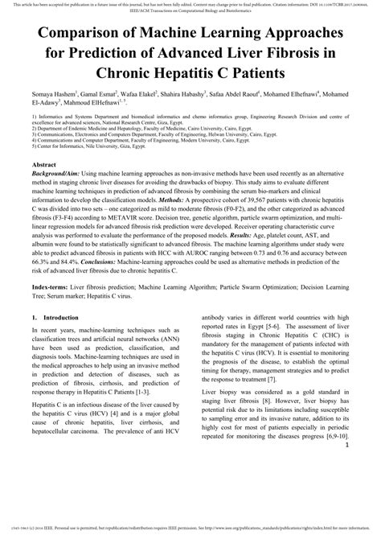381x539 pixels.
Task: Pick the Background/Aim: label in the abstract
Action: tap(59, 172)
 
